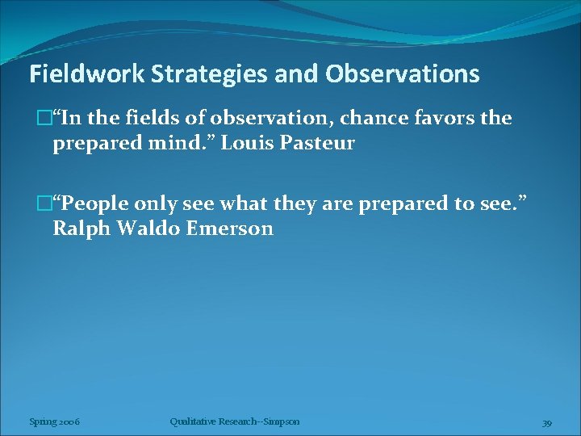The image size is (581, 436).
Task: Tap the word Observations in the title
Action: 403,75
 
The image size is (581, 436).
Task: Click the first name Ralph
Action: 82,228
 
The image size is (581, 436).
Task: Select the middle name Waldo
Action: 148,228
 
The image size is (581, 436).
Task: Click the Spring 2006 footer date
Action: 54,421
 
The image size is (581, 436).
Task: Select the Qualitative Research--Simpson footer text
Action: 235,421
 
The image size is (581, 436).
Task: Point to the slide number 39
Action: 546,422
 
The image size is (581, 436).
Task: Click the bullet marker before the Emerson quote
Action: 45,203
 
